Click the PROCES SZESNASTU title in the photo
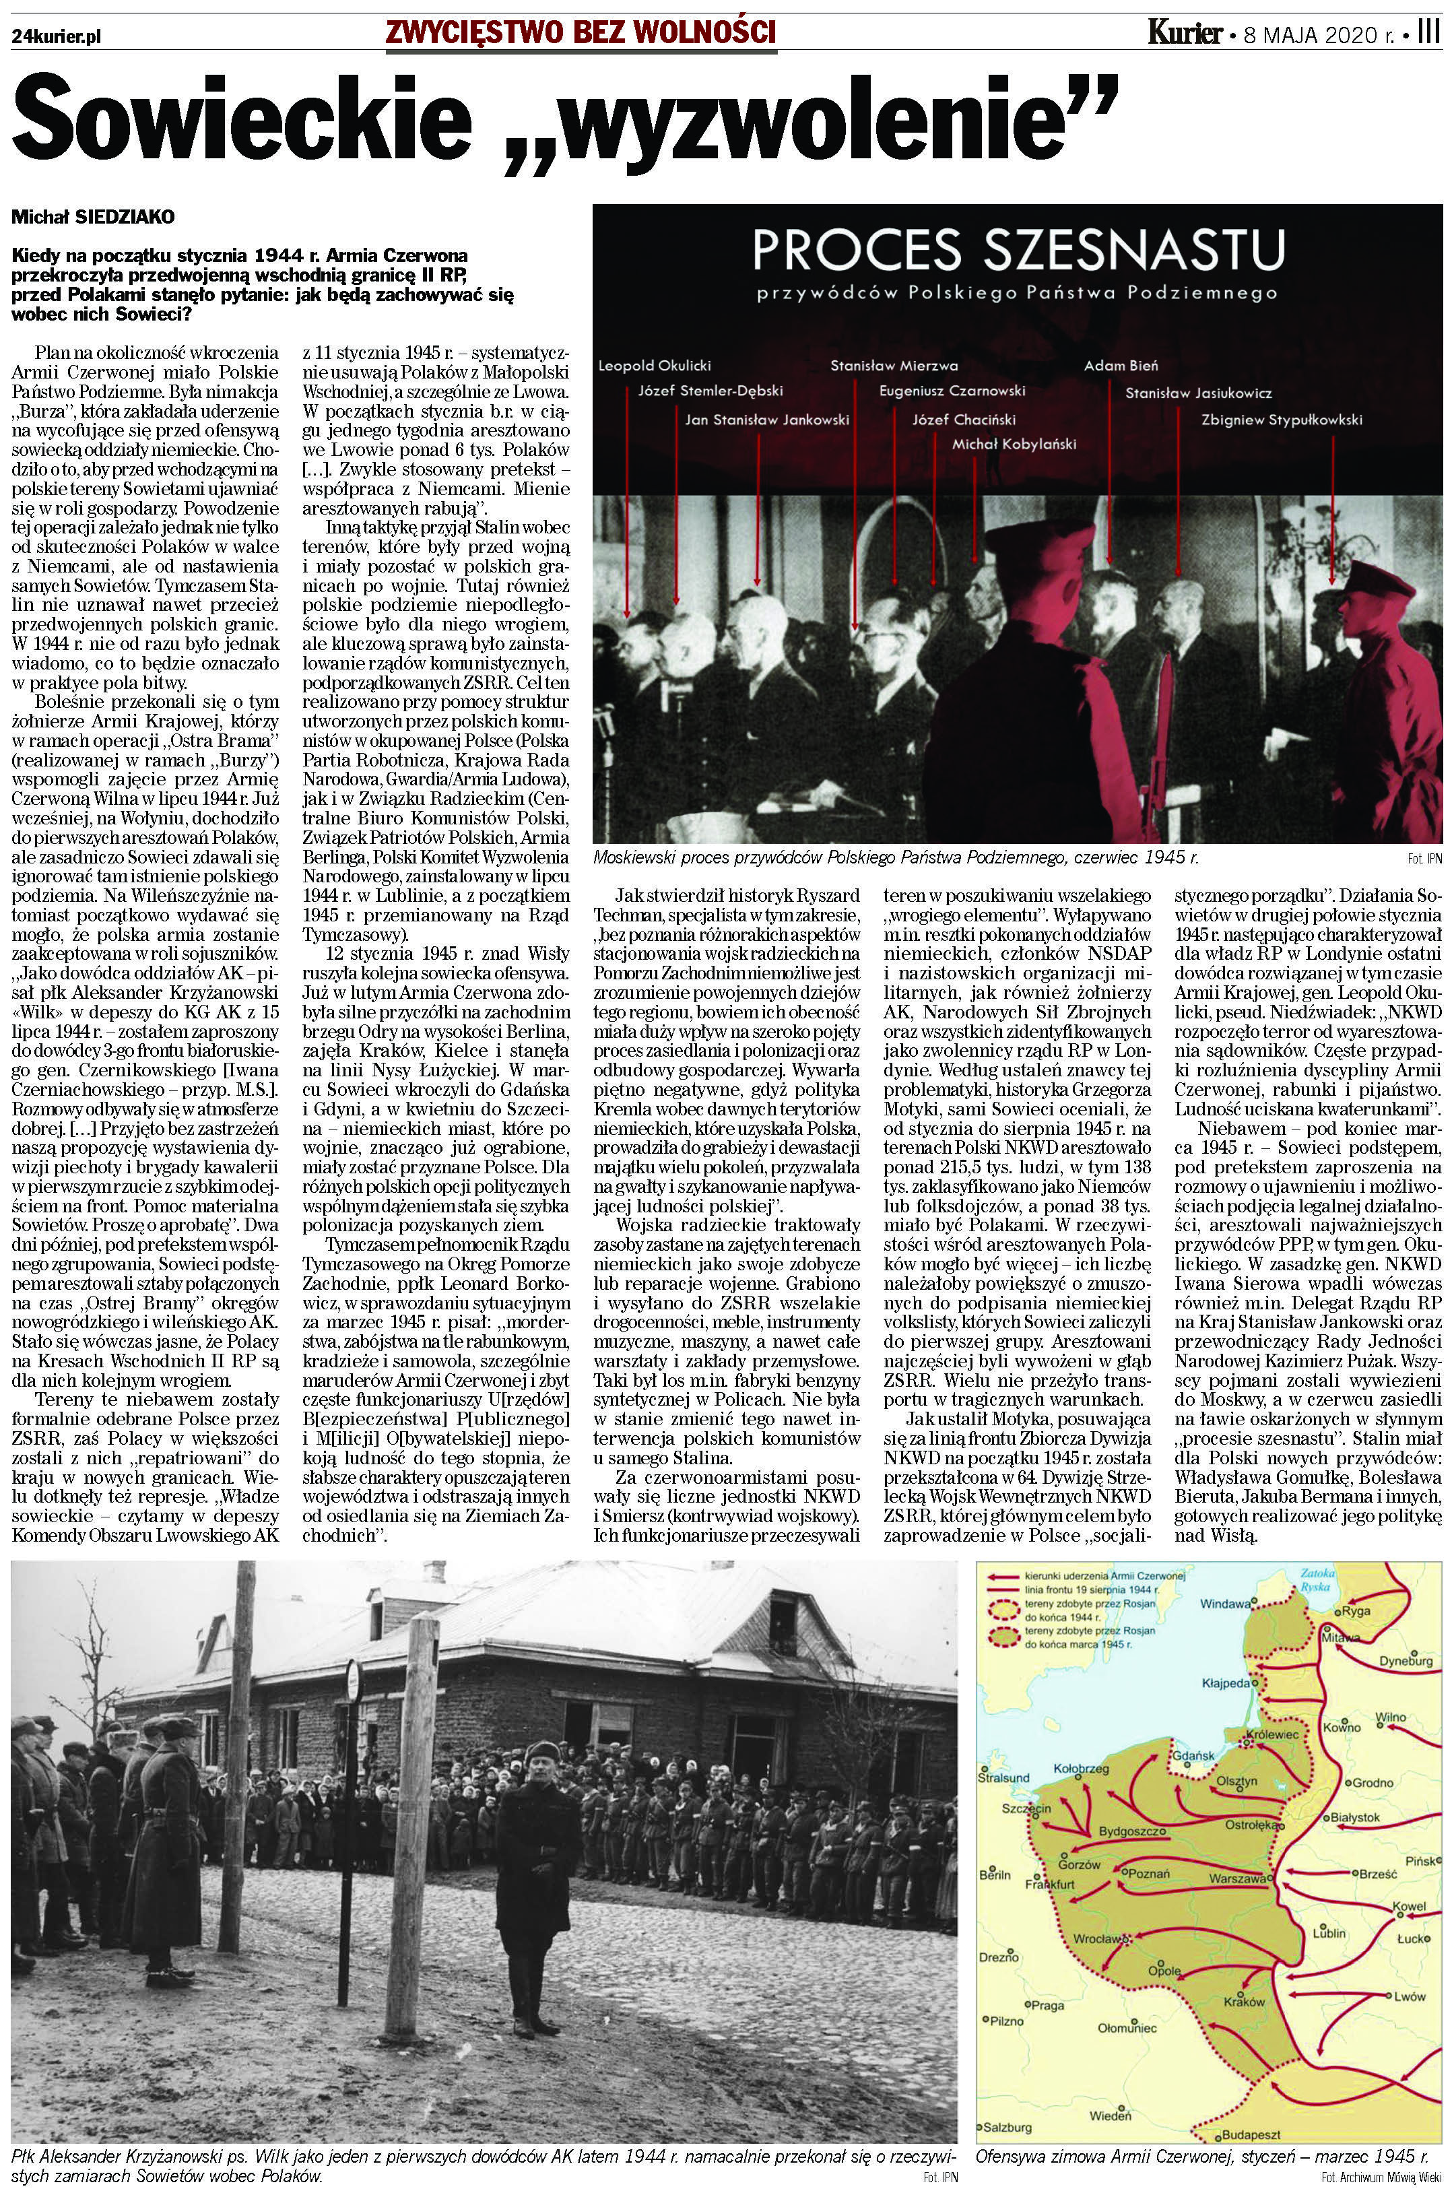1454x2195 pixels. [1018, 251]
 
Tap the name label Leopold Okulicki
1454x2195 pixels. [655, 365]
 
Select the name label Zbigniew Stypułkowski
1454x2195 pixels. [1282, 420]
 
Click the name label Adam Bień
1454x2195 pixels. [1120, 365]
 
